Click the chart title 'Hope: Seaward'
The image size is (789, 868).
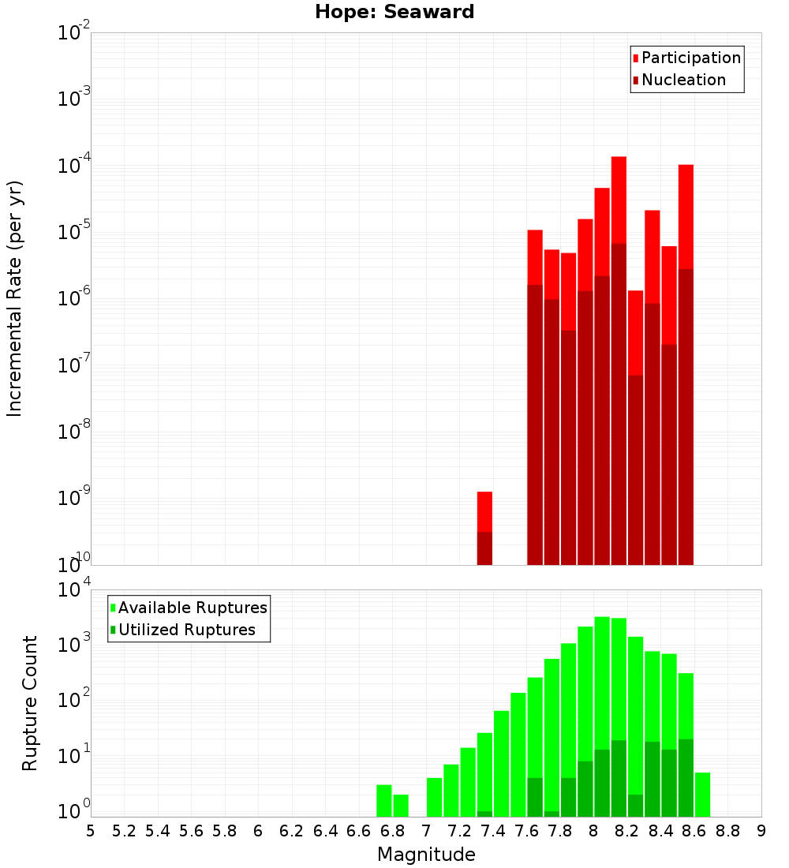click(394, 13)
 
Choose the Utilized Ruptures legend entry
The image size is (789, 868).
click(186, 630)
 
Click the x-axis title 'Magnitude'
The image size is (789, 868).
click(426, 855)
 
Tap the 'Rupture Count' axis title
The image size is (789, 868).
click(30, 703)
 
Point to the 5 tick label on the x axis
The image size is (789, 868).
click(91, 831)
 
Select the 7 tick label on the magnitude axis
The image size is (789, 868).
click(426, 831)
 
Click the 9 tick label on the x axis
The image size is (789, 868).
click(761, 831)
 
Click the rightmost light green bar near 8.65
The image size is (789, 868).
click(702, 795)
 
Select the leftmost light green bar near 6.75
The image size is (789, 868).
click(384, 801)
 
